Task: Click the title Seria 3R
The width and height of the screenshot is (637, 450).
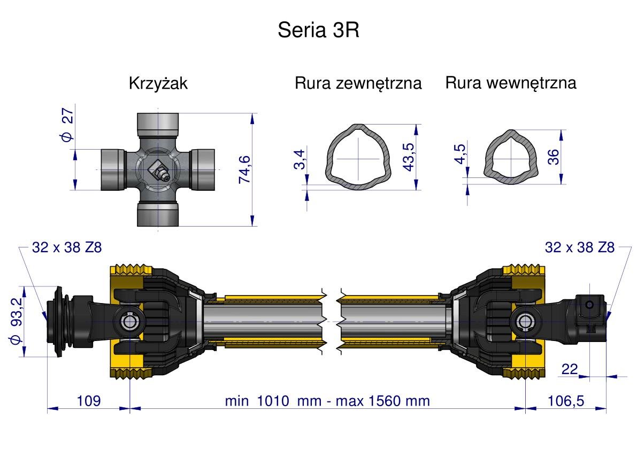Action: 318,30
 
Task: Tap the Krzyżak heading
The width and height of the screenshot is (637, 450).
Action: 158,84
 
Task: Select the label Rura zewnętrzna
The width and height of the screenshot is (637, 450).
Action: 358,83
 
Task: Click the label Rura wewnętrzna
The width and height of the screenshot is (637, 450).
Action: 511,83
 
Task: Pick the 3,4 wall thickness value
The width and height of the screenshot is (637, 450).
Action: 300,160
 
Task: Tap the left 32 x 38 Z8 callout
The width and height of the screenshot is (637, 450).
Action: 66,247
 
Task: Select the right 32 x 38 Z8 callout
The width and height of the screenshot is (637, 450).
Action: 580,247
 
